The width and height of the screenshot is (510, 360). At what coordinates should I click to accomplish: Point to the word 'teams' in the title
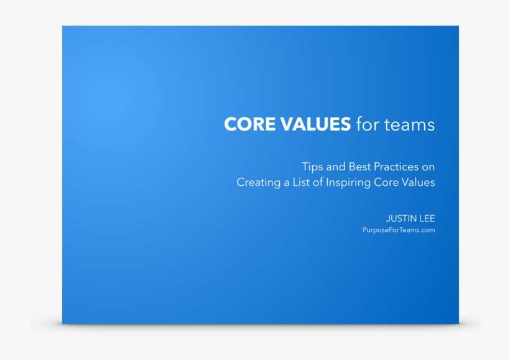click(409, 124)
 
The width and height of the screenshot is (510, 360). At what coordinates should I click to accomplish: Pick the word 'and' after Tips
click(336, 167)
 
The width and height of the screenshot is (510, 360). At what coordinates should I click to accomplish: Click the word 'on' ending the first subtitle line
click(428, 167)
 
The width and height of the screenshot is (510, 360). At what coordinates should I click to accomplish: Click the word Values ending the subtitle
click(419, 183)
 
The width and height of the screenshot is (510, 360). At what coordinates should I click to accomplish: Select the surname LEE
click(427, 218)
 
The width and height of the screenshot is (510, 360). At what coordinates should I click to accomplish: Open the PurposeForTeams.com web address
click(398, 230)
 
